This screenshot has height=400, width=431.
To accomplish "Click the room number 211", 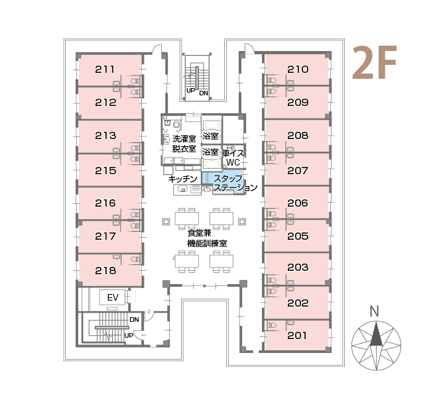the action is point(105,69).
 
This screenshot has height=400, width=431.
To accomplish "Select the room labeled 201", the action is point(296,336).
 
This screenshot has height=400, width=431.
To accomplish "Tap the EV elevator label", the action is point(113,297).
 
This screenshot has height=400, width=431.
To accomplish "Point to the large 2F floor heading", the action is point(375,63).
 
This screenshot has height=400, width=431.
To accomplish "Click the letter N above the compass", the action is point(375,311).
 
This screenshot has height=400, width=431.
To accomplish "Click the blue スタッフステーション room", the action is point(223,183).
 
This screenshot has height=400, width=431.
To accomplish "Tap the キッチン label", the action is point(183,179).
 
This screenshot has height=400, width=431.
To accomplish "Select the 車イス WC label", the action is point(233,158).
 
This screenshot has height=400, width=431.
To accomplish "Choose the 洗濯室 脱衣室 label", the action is point(184,144).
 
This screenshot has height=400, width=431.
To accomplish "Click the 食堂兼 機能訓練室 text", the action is point(207,238).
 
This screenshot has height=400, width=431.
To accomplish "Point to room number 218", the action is point(105,271).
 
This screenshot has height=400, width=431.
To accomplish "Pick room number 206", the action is point(298,203).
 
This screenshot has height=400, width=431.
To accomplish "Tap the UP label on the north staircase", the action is point(190,90).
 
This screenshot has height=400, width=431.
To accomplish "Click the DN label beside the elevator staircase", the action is point(134,320).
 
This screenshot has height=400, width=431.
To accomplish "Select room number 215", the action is point(105,171).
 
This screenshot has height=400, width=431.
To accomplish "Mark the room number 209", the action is point(298,103).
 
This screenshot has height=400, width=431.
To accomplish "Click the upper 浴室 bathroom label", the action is point(210,136).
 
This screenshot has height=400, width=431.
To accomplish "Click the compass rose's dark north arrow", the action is point(376,334).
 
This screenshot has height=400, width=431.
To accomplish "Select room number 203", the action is point(298,268).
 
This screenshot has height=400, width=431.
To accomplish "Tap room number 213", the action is point(105,136).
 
